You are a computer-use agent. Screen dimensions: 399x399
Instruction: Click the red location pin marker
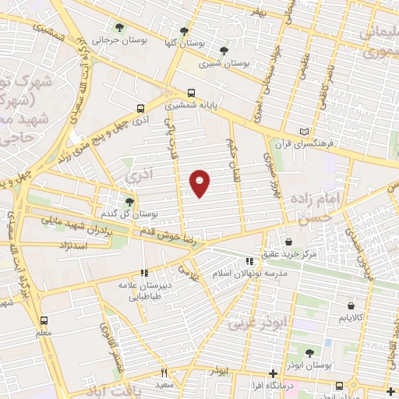(x=200, y=182)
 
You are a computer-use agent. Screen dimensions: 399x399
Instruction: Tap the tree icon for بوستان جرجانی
(x=119, y=27)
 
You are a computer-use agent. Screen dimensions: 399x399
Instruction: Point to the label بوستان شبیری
(x=221, y=64)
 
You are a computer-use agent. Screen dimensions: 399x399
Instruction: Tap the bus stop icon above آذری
(x=140, y=109)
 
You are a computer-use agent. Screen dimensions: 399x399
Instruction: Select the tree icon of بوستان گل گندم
(x=129, y=201)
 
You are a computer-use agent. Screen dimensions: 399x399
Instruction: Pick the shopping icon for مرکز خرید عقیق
(x=289, y=242)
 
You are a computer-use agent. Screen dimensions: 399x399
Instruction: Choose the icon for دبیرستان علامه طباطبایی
(x=143, y=273)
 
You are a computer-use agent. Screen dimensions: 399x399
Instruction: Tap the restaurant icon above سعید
(x=164, y=373)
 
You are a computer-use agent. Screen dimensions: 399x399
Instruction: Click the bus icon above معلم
(x=44, y=320)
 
